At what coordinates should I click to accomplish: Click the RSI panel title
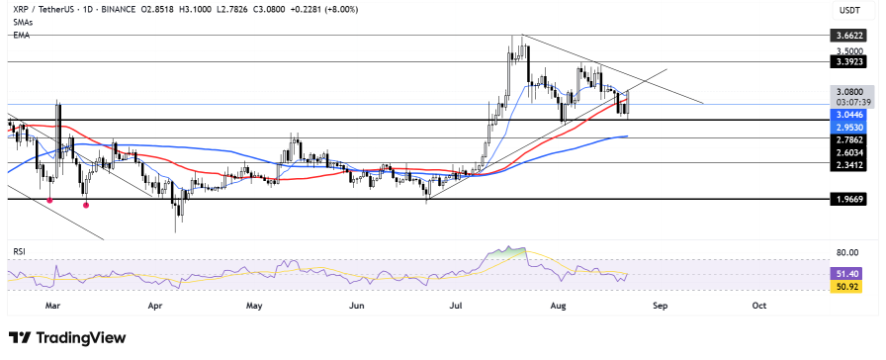tap(17, 250)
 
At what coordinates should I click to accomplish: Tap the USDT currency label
tap(849, 10)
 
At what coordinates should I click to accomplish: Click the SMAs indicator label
tap(22, 22)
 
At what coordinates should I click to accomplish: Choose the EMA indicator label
tap(19, 34)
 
